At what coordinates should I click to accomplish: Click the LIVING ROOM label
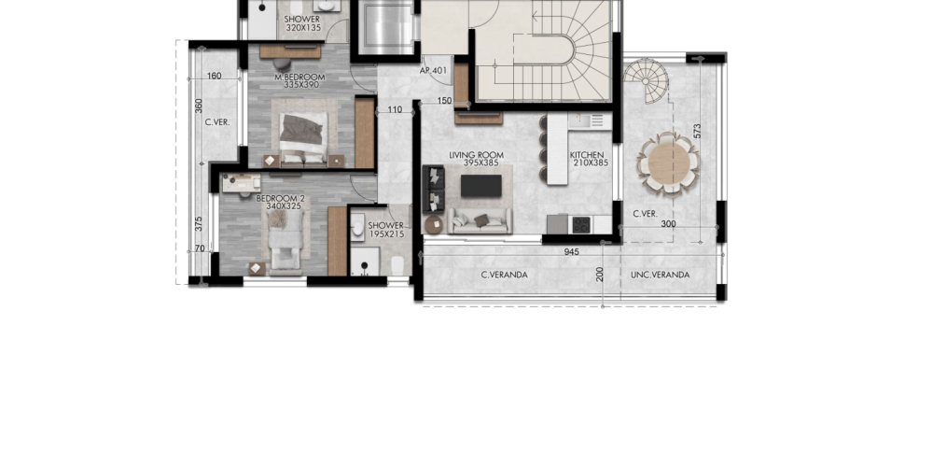click(x=476, y=155)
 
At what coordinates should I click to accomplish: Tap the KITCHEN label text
click(x=587, y=155)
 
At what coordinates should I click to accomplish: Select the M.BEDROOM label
click(x=299, y=78)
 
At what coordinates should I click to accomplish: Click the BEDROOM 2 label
click(x=280, y=198)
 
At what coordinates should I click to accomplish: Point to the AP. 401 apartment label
click(x=433, y=70)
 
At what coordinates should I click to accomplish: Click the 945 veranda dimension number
click(x=571, y=252)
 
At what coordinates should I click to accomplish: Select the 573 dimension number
click(x=697, y=131)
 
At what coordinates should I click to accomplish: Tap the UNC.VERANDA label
click(x=660, y=275)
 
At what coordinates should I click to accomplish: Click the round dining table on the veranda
click(x=669, y=163)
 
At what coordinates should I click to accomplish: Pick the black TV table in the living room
click(x=480, y=186)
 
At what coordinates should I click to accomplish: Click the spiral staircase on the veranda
click(x=647, y=80)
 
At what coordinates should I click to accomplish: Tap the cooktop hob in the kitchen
click(x=580, y=224)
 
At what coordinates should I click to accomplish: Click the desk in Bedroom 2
click(x=241, y=183)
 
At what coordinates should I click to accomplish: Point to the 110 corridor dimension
click(x=395, y=109)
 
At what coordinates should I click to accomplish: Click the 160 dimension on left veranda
click(x=215, y=76)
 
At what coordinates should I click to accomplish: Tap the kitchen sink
click(x=590, y=120)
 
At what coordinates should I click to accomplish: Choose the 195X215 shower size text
click(x=386, y=234)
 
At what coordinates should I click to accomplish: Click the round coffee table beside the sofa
click(x=434, y=224)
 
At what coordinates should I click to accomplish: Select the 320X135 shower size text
click(x=302, y=27)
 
